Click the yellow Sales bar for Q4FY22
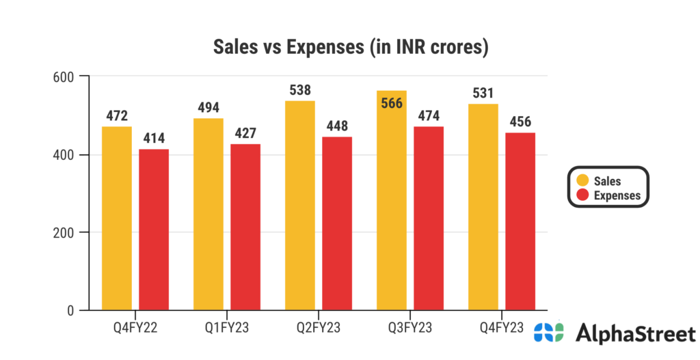(117, 219)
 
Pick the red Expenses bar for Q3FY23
(429, 219)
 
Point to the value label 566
(392, 103)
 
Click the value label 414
(154, 139)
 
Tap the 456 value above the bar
(520, 122)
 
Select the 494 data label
(208, 107)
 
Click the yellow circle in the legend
(582, 181)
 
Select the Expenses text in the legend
(617, 195)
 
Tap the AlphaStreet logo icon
(549, 333)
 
